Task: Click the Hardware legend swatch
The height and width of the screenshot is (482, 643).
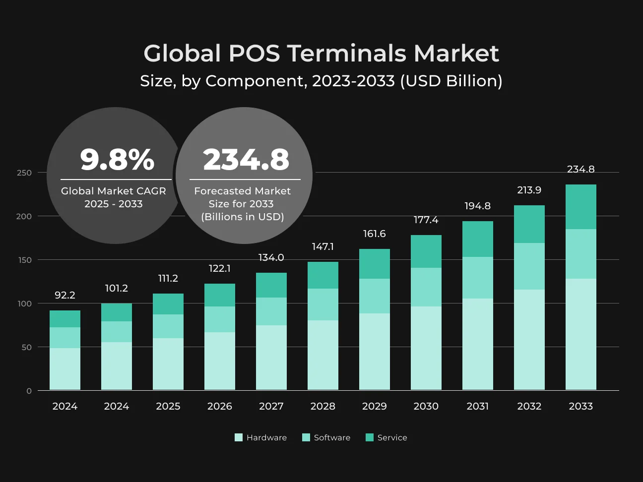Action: [x=239, y=437]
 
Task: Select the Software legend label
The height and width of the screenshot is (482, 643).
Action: [x=332, y=437]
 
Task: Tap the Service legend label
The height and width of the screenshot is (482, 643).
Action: [x=392, y=437]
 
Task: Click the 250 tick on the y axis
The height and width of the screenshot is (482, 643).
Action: [x=24, y=173]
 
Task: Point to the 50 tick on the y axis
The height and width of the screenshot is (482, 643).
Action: [x=26, y=348]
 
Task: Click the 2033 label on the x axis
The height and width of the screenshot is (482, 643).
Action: [x=580, y=406]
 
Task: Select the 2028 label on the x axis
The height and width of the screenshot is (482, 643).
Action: [x=323, y=406]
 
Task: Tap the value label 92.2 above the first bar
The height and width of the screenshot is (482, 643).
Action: [x=65, y=295]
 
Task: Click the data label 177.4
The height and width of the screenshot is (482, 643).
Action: [x=426, y=220]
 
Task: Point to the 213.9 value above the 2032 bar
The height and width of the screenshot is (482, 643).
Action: [x=529, y=190]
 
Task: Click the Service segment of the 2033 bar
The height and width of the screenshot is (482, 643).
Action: [x=580, y=207]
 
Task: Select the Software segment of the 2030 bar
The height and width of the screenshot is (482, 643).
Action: [x=426, y=287]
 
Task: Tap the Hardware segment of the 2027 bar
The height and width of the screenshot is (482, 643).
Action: [x=271, y=358]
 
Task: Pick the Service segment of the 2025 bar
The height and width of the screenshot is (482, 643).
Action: [x=168, y=304]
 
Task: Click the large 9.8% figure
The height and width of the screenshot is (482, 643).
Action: [x=117, y=159]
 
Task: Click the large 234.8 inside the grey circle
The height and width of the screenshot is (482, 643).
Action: [x=246, y=159]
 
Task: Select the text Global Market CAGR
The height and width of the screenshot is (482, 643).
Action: [x=113, y=191]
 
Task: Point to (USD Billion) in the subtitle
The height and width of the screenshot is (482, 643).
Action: [x=451, y=81]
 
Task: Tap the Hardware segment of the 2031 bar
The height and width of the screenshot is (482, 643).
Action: [x=477, y=344]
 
